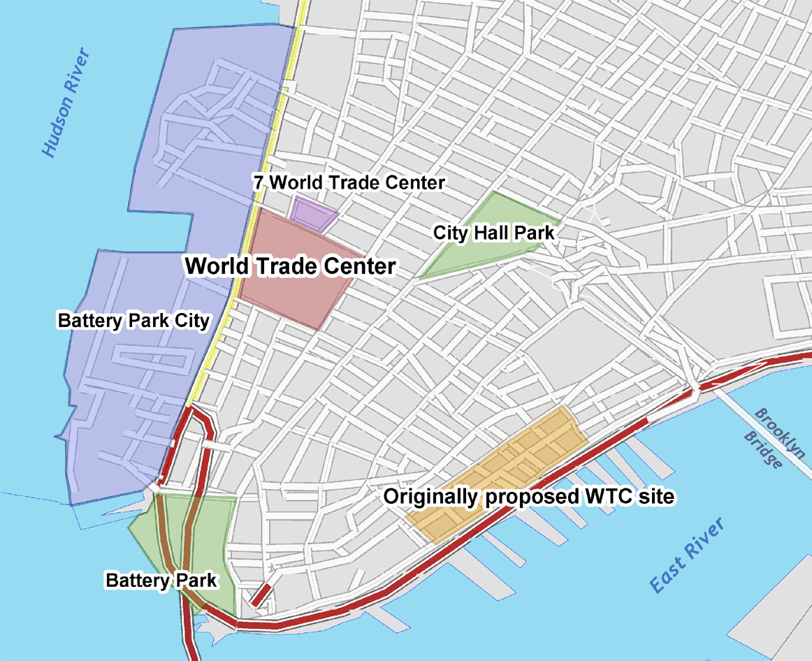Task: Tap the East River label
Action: (x=688, y=557)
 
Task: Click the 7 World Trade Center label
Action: (x=348, y=183)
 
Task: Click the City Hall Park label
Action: (x=493, y=233)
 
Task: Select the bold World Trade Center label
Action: (x=290, y=266)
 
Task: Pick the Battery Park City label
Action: (x=133, y=321)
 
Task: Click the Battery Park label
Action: (x=161, y=580)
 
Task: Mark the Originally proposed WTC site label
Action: (x=529, y=497)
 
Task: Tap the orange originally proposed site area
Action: (x=517, y=454)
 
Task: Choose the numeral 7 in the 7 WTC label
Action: (x=258, y=183)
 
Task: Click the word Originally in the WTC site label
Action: (x=429, y=497)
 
